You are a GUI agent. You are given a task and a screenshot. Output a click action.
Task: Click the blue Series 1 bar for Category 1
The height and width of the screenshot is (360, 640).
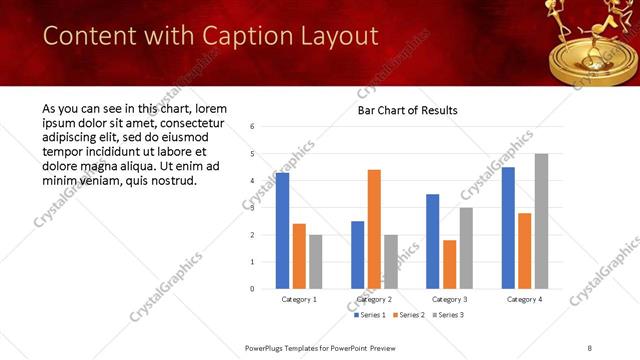coord(282,231)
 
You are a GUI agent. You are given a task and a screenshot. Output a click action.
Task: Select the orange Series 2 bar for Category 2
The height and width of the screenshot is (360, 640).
coord(374,229)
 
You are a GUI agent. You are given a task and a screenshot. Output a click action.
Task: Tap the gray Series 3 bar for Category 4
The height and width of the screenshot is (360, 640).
coord(541,221)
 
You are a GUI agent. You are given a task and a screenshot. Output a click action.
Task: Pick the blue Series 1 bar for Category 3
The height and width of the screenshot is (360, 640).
coord(432,241)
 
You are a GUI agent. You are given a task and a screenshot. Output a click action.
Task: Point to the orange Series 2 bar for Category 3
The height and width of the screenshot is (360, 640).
coord(449,264)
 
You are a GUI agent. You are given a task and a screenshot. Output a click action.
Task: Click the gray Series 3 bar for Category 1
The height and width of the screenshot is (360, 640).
coord(316,262)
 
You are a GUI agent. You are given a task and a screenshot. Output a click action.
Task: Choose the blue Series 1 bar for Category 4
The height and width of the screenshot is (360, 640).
coord(507,228)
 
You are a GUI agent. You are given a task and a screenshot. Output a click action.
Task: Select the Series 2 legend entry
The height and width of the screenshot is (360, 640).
coord(409,315)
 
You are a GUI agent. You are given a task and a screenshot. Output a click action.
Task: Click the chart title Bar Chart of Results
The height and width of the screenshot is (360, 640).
coord(407,110)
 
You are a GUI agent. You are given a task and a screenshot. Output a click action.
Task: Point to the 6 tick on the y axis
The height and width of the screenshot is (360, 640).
coord(253,127)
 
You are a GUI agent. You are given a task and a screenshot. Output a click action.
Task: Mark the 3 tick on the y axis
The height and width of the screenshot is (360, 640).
coord(253,208)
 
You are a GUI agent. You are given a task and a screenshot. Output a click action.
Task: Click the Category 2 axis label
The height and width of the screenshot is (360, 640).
coord(374,299)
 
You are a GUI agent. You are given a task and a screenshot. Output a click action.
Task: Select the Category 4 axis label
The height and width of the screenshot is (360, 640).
coord(524,299)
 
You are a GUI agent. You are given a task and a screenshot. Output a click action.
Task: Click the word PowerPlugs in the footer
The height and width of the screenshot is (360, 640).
coord(271,348)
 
